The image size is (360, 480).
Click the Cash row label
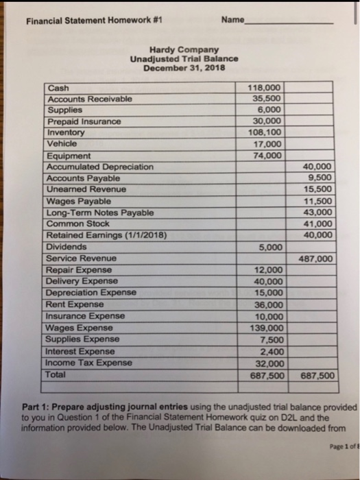click(58, 88)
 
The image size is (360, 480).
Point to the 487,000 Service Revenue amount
click(316, 259)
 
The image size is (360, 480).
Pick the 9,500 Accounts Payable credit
click(320, 178)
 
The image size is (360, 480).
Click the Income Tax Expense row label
click(89, 363)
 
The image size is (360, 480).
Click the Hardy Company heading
click(184, 49)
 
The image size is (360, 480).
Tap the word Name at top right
click(233, 19)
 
